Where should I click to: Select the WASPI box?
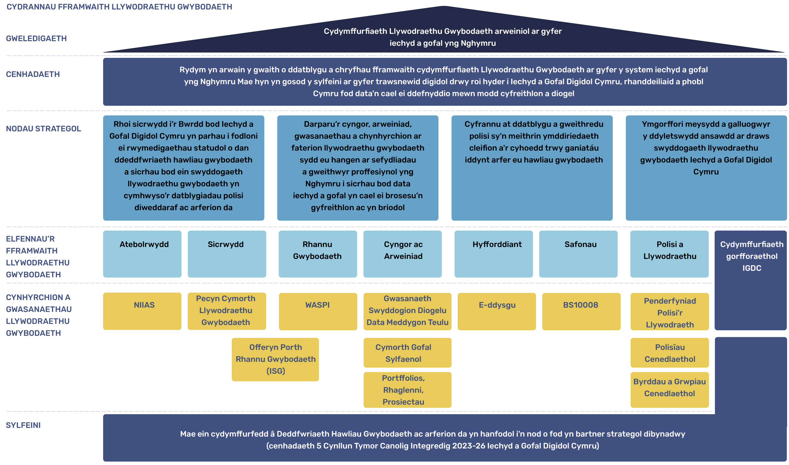(317, 311)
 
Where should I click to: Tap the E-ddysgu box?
(497, 311)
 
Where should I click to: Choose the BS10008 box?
(581, 311)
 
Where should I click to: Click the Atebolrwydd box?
(142, 254)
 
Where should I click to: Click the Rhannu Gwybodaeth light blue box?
(317, 254)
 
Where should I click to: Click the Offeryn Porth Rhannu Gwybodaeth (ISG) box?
(275, 359)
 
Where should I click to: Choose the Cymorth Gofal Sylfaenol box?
(407, 353)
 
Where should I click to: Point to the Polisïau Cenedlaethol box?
(669, 353)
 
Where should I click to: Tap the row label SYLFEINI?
(23, 425)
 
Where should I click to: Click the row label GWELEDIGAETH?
(36, 38)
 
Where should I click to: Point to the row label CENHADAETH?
(33, 74)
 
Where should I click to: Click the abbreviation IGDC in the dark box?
(751, 268)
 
